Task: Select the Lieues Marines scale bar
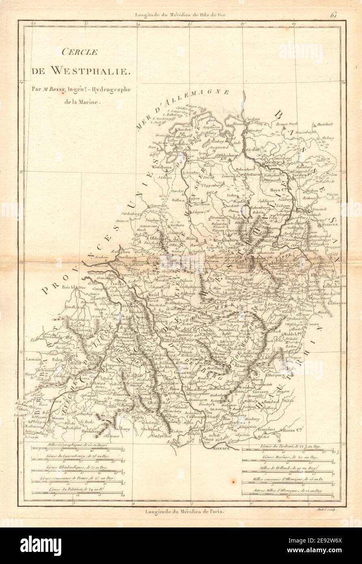(288, 462)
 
